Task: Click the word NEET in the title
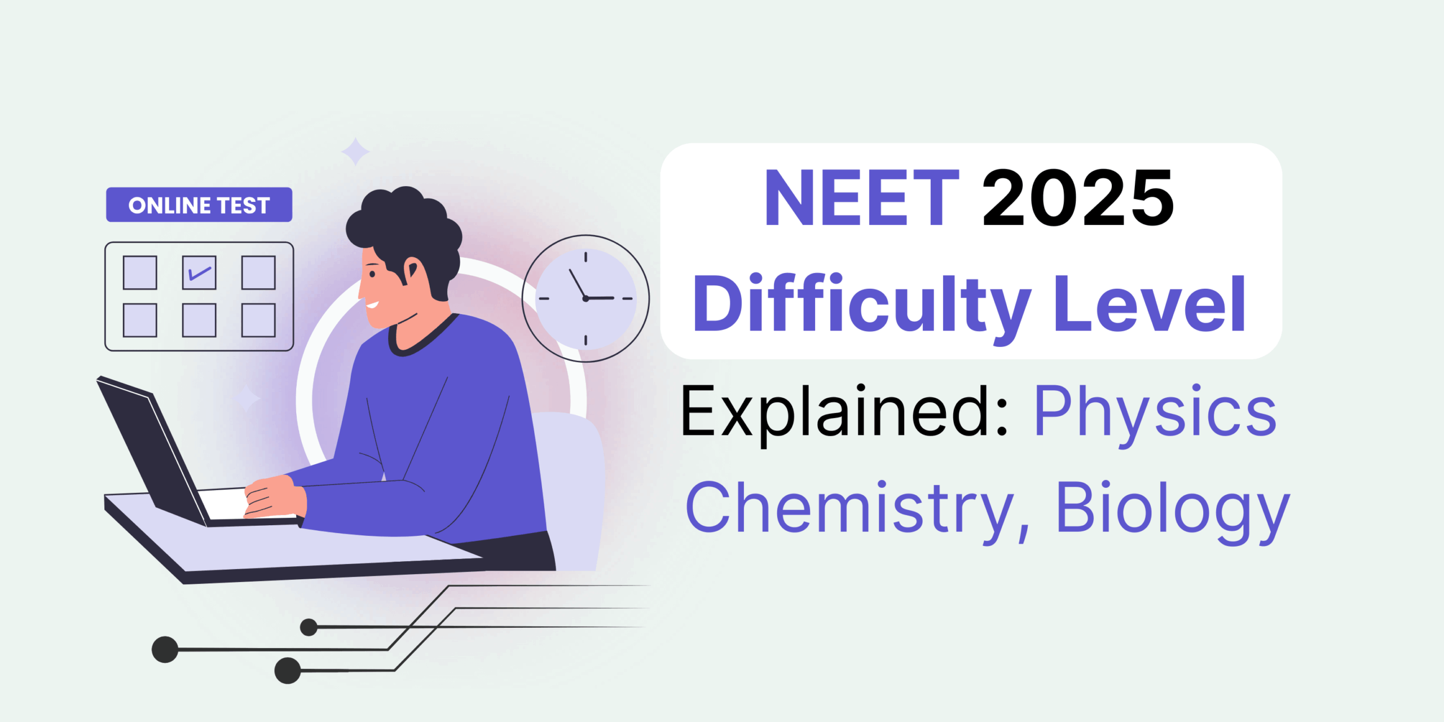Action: click(x=861, y=199)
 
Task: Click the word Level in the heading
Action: click(x=1150, y=305)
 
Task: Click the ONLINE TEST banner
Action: click(x=199, y=205)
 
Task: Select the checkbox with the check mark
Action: click(x=199, y=272)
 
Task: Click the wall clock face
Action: click(x=585, y=298)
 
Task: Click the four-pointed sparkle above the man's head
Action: click(x=355, y=152)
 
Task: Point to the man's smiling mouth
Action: click(x=372, y=305)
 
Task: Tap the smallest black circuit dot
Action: click(x=309, y=627)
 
